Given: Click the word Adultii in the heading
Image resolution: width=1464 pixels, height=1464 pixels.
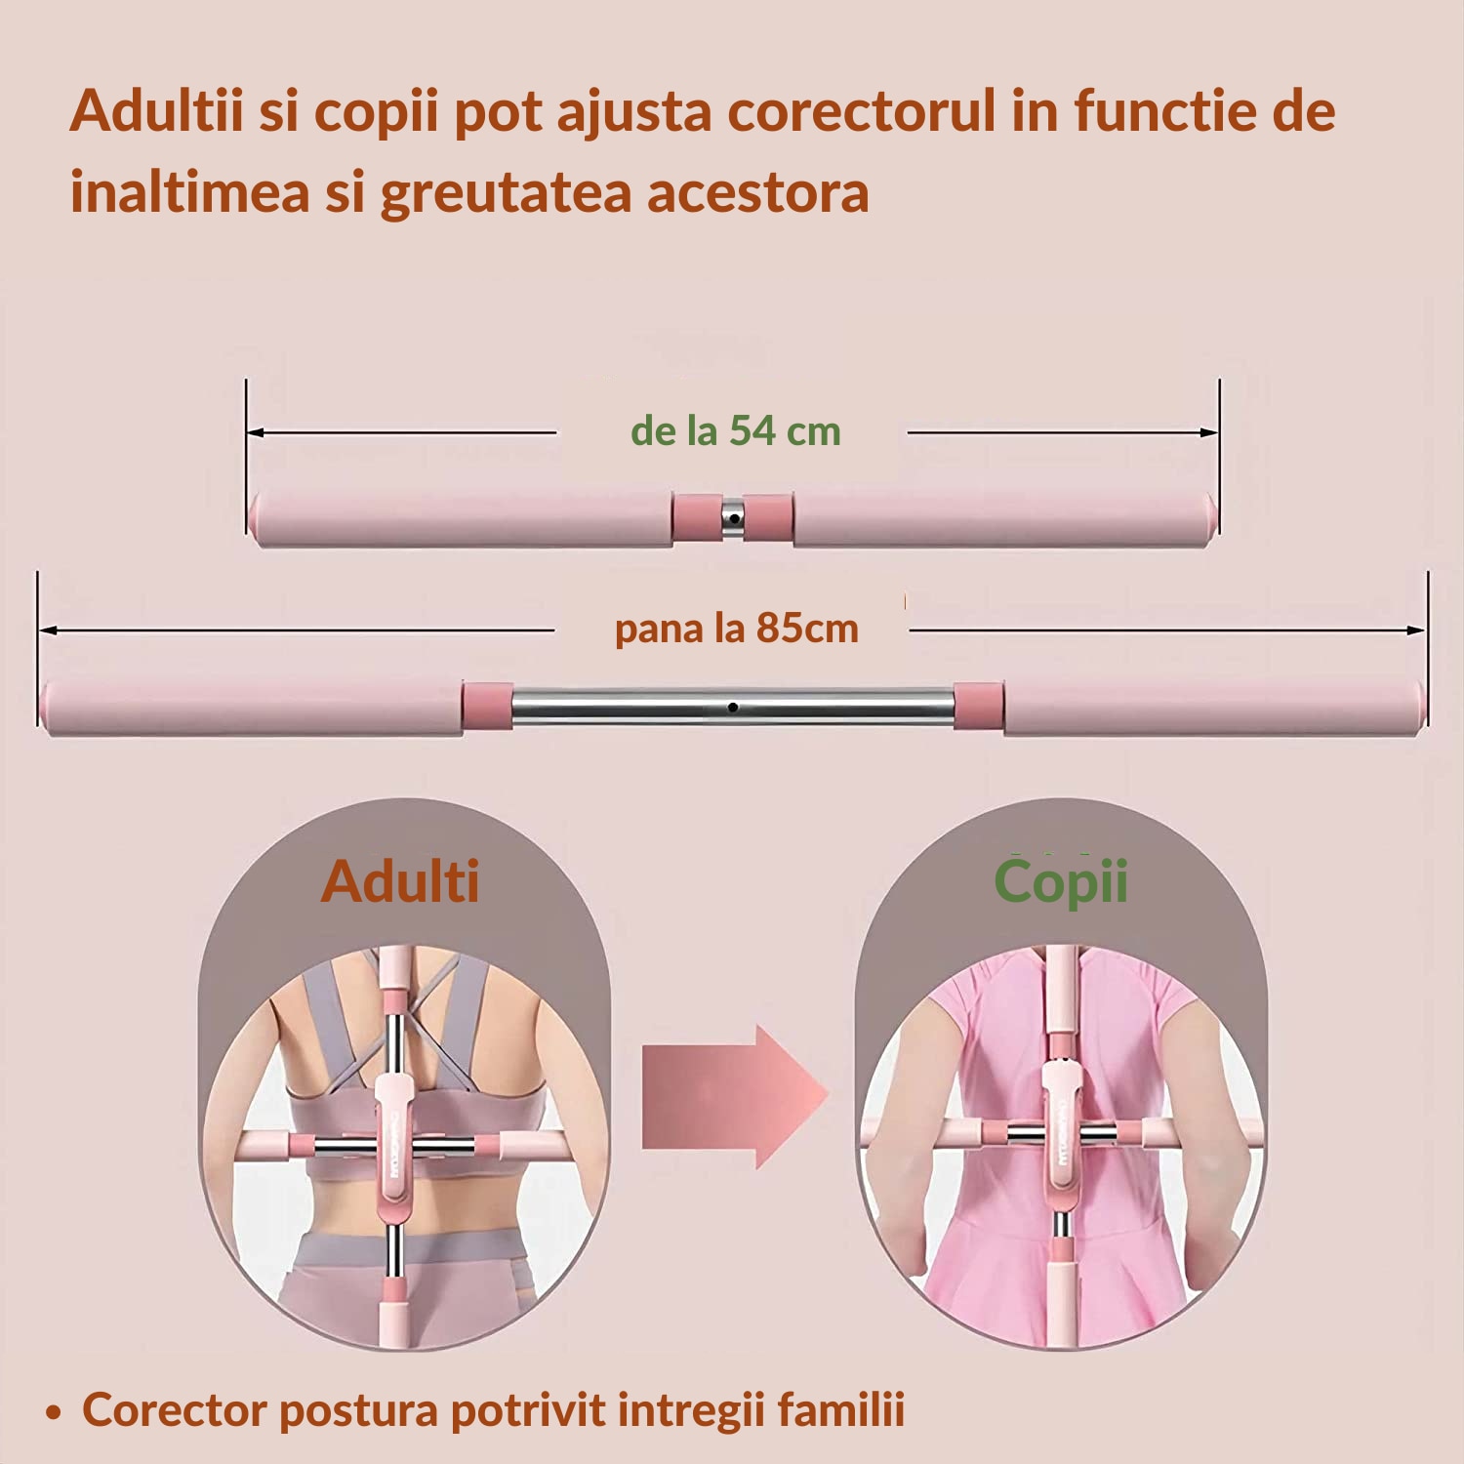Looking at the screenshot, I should [156, 110].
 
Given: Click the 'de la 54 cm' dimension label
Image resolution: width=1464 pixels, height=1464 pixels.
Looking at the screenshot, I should [735, 430].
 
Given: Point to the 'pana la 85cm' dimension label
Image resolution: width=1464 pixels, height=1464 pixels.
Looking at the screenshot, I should [736, 629].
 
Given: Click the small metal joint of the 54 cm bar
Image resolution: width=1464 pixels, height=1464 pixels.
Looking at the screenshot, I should [732, 517].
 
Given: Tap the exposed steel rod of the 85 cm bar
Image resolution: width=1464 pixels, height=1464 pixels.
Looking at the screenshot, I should [732, 707].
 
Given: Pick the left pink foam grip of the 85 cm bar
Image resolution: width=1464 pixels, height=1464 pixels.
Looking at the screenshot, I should [252, 707].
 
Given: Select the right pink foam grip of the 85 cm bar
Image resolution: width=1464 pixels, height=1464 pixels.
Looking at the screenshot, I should [1212, 707].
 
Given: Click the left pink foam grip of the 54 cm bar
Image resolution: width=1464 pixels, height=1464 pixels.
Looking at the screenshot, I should [461, 518].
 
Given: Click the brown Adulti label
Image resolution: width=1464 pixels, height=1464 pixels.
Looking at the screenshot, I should [400, 881].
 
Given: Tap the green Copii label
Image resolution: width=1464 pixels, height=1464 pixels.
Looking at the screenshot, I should [1061, 881].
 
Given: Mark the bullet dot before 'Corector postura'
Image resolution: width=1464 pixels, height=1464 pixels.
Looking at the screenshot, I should [55, 1412].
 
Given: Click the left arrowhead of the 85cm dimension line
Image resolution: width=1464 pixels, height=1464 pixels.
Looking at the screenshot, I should [47, 630].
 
